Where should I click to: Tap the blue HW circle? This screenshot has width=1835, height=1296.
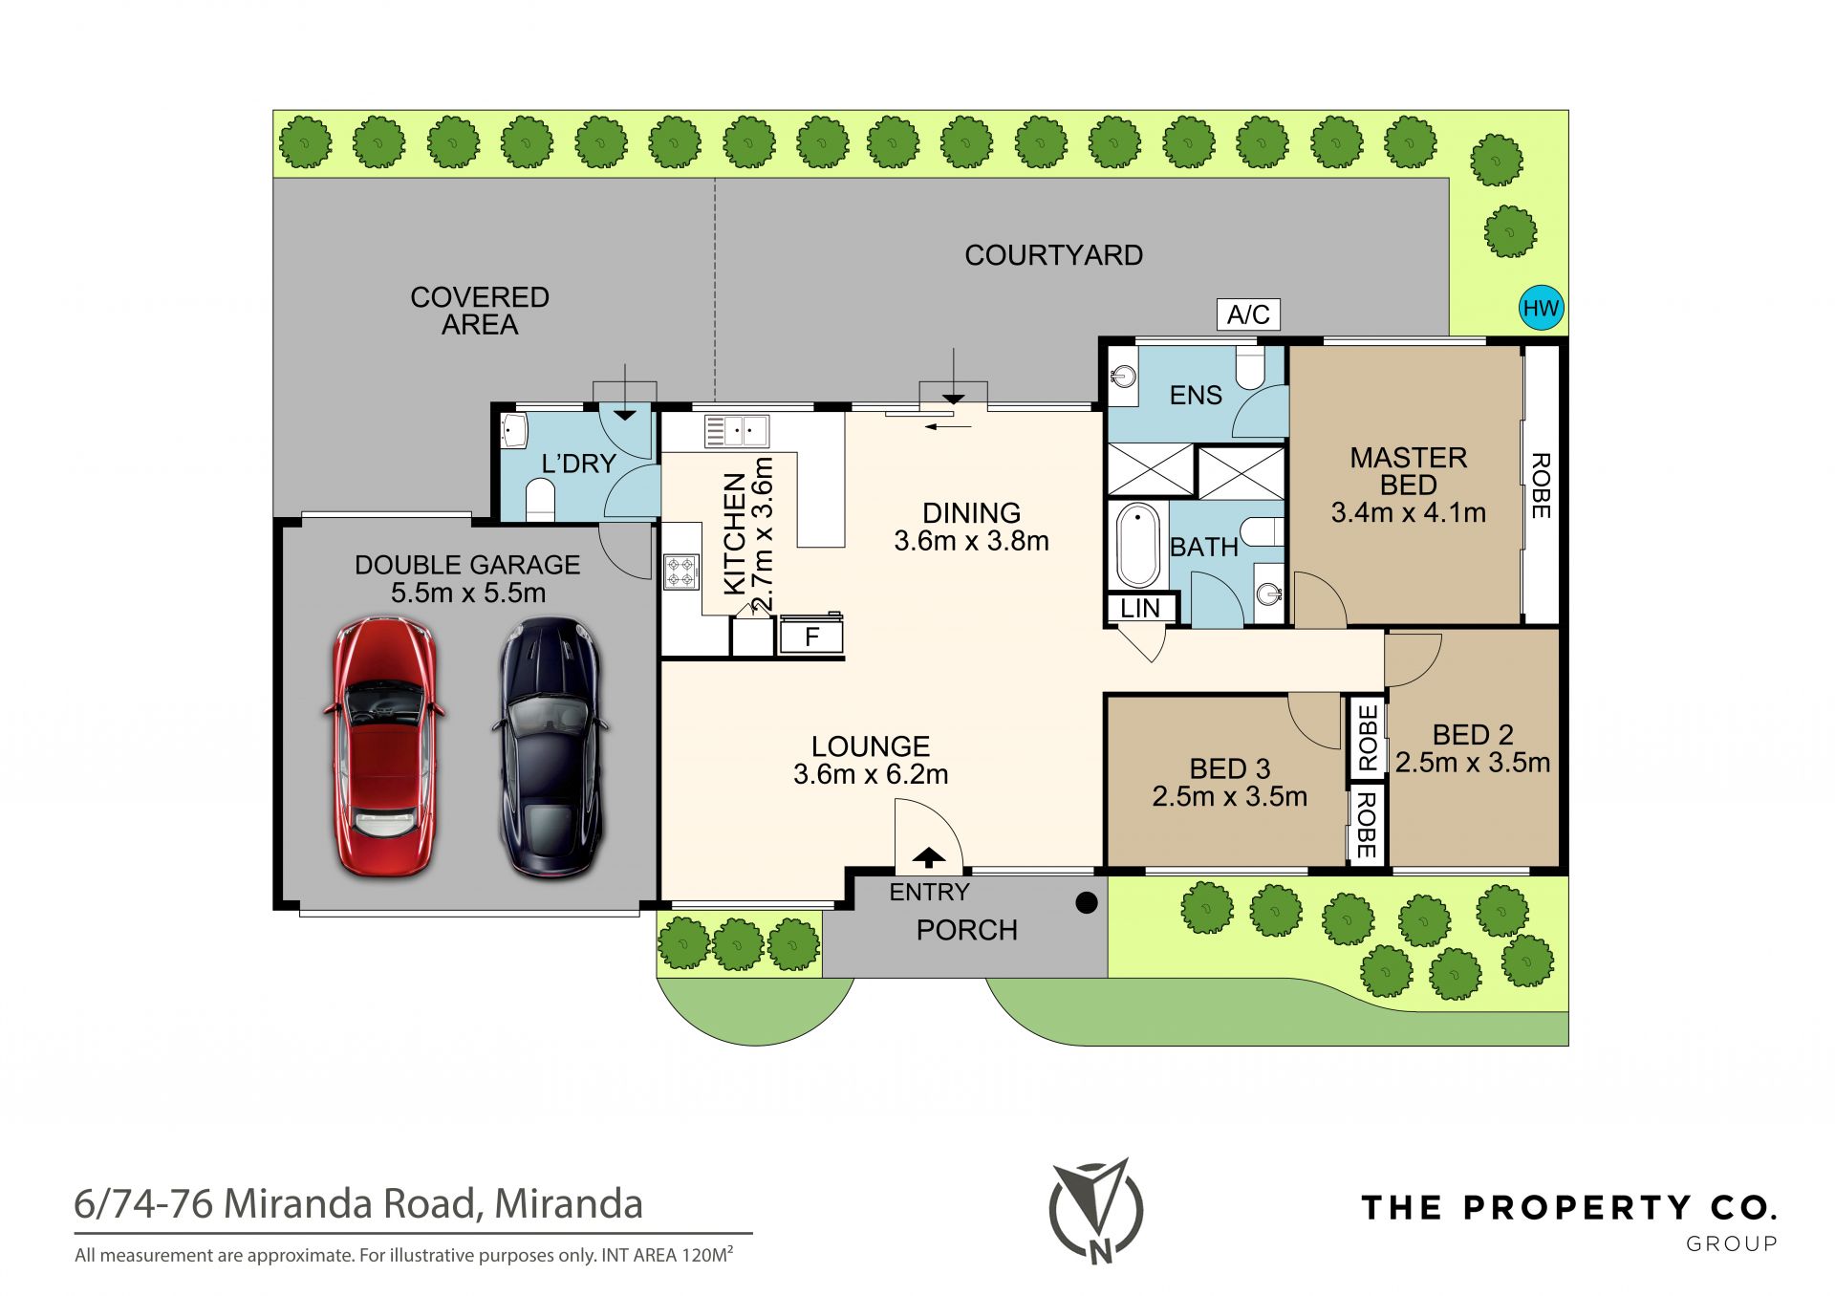click(x=1541, y=308)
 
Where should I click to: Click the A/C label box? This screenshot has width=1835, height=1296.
click(x=1248, y=314)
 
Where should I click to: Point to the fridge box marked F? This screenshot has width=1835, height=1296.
click(x=811, y=636)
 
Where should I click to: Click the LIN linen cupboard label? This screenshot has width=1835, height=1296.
click(x=1141, y=608)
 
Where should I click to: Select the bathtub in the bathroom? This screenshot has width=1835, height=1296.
click(x=1138, y=545)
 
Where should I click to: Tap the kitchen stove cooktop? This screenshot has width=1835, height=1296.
click(x=680, y=572)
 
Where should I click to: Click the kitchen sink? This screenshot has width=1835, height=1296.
click(x=736, y=431)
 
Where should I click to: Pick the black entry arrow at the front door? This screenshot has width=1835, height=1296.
click(x=929, y=856)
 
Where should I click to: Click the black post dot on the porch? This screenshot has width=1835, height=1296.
click(x=1087, y=902)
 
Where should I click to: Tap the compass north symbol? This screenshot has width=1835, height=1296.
click(x=1096, y=1211)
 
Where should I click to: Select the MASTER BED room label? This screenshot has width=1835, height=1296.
click(x=1408, y=471)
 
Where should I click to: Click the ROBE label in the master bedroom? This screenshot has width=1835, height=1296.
click(x=1541, y=486)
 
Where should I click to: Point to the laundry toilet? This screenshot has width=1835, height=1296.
click(x=541, y=500)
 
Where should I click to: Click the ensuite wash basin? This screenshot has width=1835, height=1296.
click(x=1123, y=376)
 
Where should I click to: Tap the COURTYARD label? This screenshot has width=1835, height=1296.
click(x=1053, y=255)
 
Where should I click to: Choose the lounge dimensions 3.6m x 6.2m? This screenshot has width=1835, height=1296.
click(x=871, y=774)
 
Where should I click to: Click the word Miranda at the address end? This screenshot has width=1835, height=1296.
click(x=569, y=1204)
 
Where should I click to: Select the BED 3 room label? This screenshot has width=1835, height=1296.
click(x=1230, y=768)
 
